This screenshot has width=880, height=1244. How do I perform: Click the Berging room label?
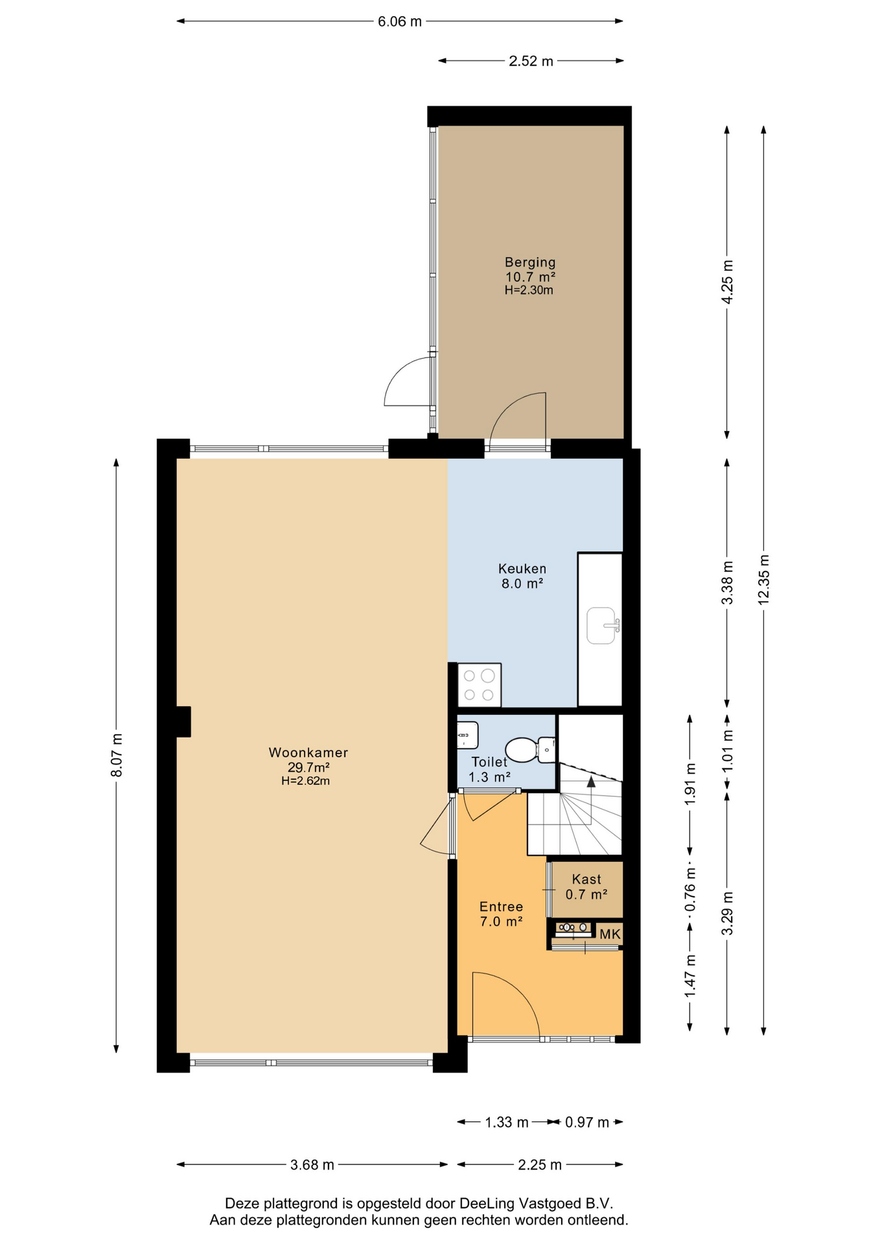pyautogui.click(x=530, y=262)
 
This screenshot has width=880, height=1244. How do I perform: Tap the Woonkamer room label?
pyautogui.click(x=308, y=753)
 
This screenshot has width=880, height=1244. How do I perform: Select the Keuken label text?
pyautogui.click(x=522, y=569)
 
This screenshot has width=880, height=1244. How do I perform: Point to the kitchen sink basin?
pyautogui.click(x=601, y=625)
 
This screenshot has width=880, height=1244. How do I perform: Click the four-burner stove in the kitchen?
pyautogui.click(x=480, y=685)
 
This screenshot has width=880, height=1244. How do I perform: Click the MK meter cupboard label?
pyautogui.click(x=610, y=934)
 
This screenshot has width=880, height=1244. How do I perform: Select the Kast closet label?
pyautogui.click(x=586, y=879)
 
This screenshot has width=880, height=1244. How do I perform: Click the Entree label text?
pyautogui.click(x=501, y=907)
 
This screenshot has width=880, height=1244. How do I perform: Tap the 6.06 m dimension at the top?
pyautogui.click(x=400, y=21)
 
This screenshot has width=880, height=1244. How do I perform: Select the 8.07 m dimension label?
pyautogui.click(x=117, y=755)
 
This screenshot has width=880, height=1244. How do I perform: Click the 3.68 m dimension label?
pyautogui.click(x=312, y=1165)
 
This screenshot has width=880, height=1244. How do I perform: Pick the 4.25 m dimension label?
pyautogui.click(x=727, y=282)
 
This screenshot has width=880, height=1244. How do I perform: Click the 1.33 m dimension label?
pyautogui.click(x=507, y=1122)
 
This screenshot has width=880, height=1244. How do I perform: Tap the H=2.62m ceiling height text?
pyautogui.click(x=305, y=781)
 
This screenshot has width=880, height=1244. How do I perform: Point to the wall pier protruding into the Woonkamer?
pyautogui.click(x=183, y=722)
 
